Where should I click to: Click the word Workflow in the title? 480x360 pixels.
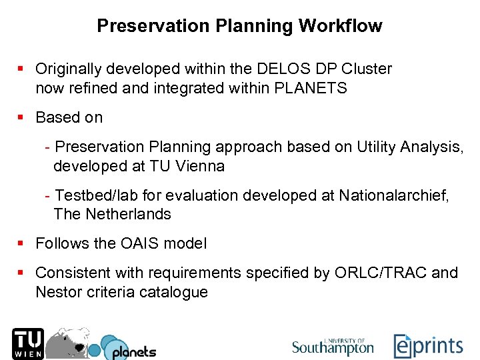click(341, 26)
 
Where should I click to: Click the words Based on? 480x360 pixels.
click(69, 117)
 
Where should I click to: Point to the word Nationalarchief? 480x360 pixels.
click(393, 195)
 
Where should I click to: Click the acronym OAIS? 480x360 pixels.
click(141, 244)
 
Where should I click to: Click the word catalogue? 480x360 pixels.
click(175, 292)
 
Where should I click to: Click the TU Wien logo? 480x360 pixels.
click(27, 343)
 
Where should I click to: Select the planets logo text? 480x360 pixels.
click(133, 351)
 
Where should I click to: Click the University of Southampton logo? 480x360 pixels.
click(333, 346)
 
